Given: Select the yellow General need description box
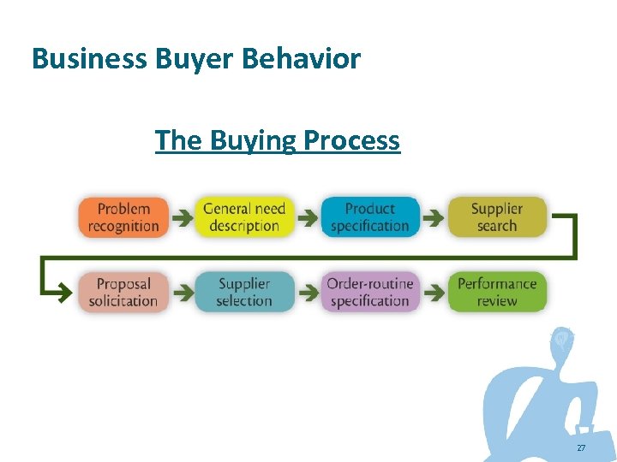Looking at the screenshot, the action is point(244,217).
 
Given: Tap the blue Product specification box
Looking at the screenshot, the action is point(369,217).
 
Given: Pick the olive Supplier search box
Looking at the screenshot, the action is point(497,217).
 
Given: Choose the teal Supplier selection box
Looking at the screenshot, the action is point(244,292).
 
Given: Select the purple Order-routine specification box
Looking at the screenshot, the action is point(369,292).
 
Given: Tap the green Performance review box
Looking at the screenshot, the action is point(497,292).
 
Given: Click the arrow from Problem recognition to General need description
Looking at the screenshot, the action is point(182,219).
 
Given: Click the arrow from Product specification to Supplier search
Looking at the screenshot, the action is point(434,219).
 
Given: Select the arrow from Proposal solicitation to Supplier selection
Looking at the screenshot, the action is point(182,293).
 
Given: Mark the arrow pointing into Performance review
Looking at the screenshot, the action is point(434,293).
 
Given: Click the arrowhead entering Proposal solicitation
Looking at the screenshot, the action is point(64,293).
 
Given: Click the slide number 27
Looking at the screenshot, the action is point(581,448).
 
